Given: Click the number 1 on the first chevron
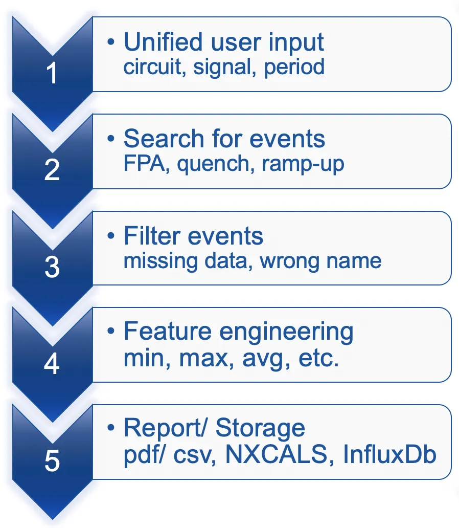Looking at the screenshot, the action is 52,73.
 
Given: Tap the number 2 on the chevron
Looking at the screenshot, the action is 52,170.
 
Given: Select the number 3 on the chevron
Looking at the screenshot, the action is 52,267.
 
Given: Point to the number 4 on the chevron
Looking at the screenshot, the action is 52,364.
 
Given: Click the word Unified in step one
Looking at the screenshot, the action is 163,42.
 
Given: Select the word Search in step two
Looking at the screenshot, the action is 164,139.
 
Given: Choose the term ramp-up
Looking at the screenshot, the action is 303,165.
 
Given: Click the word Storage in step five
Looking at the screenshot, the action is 260,429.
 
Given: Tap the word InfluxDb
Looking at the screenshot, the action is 389,454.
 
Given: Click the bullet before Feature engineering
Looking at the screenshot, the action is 111,332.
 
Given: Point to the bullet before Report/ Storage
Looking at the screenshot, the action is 111,428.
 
